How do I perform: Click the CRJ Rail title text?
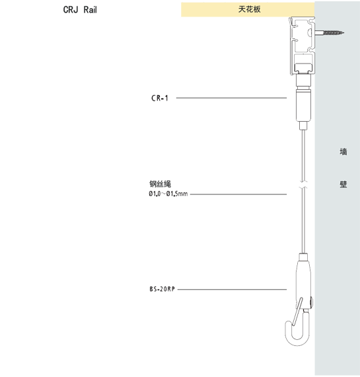tap(80, 10)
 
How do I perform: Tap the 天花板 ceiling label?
tap(249, 9)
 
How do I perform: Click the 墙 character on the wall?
tap(343, 151)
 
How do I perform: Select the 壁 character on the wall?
tap(343, 185)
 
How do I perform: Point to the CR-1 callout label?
tap(160, 98)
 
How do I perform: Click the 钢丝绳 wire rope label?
tap(161, 184)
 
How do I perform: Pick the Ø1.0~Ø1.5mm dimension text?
tap(168, 194)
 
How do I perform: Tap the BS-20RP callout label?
tap(162, 289)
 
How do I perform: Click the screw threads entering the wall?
tap(334, 32)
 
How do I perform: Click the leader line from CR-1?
tap(231, 98)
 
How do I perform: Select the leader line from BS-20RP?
tap(232, 289)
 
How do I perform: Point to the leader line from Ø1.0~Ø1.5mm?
tap(238, 194)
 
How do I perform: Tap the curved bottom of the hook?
tap(297, 342)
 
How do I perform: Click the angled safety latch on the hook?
tap(297, 312)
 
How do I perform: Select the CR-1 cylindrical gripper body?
tap(304, 105)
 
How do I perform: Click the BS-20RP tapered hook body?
tap(304, 280)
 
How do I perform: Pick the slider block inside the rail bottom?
tap(304, 68)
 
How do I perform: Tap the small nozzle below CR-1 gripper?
tap(304, 126)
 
